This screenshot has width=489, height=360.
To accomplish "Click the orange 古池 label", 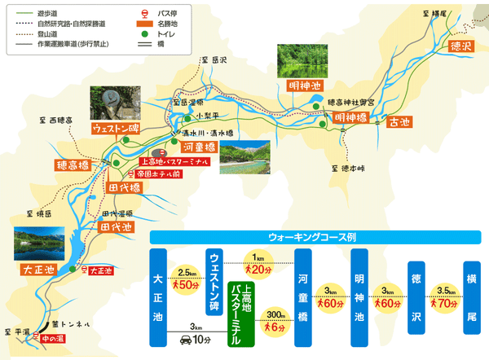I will pyautogui.click(x=399, y=122).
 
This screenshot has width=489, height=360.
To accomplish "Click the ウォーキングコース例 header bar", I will pyautogui.click(x=318, y=237).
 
